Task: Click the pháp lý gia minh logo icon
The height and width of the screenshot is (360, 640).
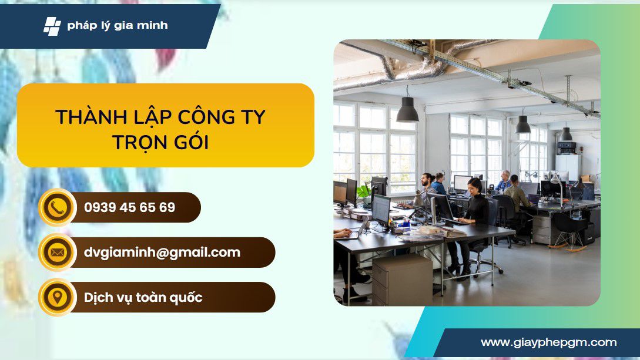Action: point(52,26)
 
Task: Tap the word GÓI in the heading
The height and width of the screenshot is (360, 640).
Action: point(192,142)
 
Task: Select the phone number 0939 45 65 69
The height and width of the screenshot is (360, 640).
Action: point(129,207)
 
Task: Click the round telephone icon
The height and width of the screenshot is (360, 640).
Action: point(57,207)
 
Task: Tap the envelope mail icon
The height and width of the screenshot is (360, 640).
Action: point(57,253)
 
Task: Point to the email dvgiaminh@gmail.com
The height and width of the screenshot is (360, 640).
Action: point(162,253)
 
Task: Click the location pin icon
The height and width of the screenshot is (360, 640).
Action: point(57,297)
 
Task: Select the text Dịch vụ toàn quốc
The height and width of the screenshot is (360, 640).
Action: point(143,297)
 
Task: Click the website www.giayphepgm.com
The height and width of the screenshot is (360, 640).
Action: point(548,342)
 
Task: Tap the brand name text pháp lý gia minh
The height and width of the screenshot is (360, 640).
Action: point(118,26)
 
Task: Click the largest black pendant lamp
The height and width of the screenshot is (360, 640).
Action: point(407,109)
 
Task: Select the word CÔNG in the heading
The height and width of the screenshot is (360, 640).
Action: point(200,117)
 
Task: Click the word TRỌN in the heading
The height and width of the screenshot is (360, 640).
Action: point(140,142)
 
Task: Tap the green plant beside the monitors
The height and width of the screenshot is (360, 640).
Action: point(363,191)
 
